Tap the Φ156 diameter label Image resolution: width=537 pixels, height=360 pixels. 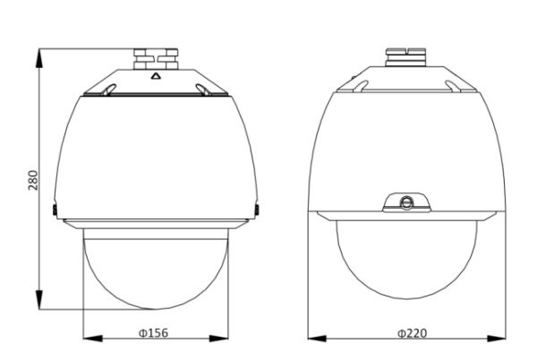coord(153,333)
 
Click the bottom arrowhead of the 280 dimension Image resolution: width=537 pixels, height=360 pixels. coord(40,304)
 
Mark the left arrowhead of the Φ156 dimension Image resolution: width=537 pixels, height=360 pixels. coord(87,339)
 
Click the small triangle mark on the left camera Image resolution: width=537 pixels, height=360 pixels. coord(154,75)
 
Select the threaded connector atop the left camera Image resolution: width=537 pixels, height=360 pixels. coord(153,60)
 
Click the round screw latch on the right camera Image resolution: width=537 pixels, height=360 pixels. coord(406,201)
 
